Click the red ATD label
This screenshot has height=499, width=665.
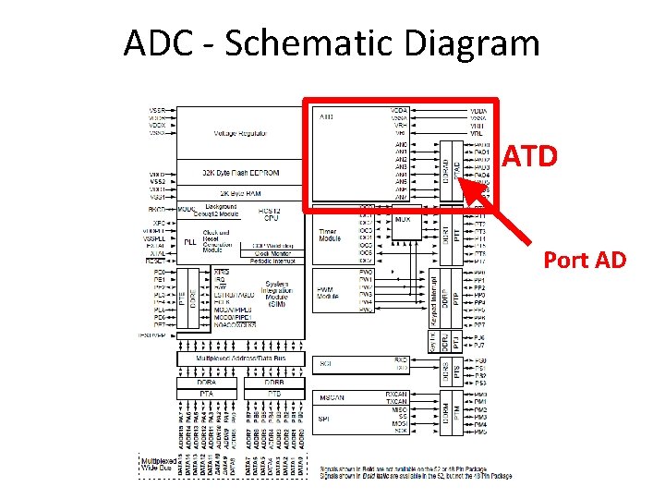coord(531,157)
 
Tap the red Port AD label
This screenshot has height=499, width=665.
coord(585,260)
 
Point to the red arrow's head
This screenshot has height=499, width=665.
coord(462,183)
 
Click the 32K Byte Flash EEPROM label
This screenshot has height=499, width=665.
coord(240,173)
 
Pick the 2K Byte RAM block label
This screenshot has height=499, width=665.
coord(240,194)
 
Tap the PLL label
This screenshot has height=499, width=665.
coord(190,242)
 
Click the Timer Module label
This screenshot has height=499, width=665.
coord(330,235)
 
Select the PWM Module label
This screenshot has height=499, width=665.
coord(328,293)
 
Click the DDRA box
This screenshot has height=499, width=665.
coord(206,381)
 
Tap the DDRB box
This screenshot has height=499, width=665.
coord(273,381)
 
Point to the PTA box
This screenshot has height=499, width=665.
coord(206,393)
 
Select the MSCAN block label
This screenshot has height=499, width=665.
coord(332,397)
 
